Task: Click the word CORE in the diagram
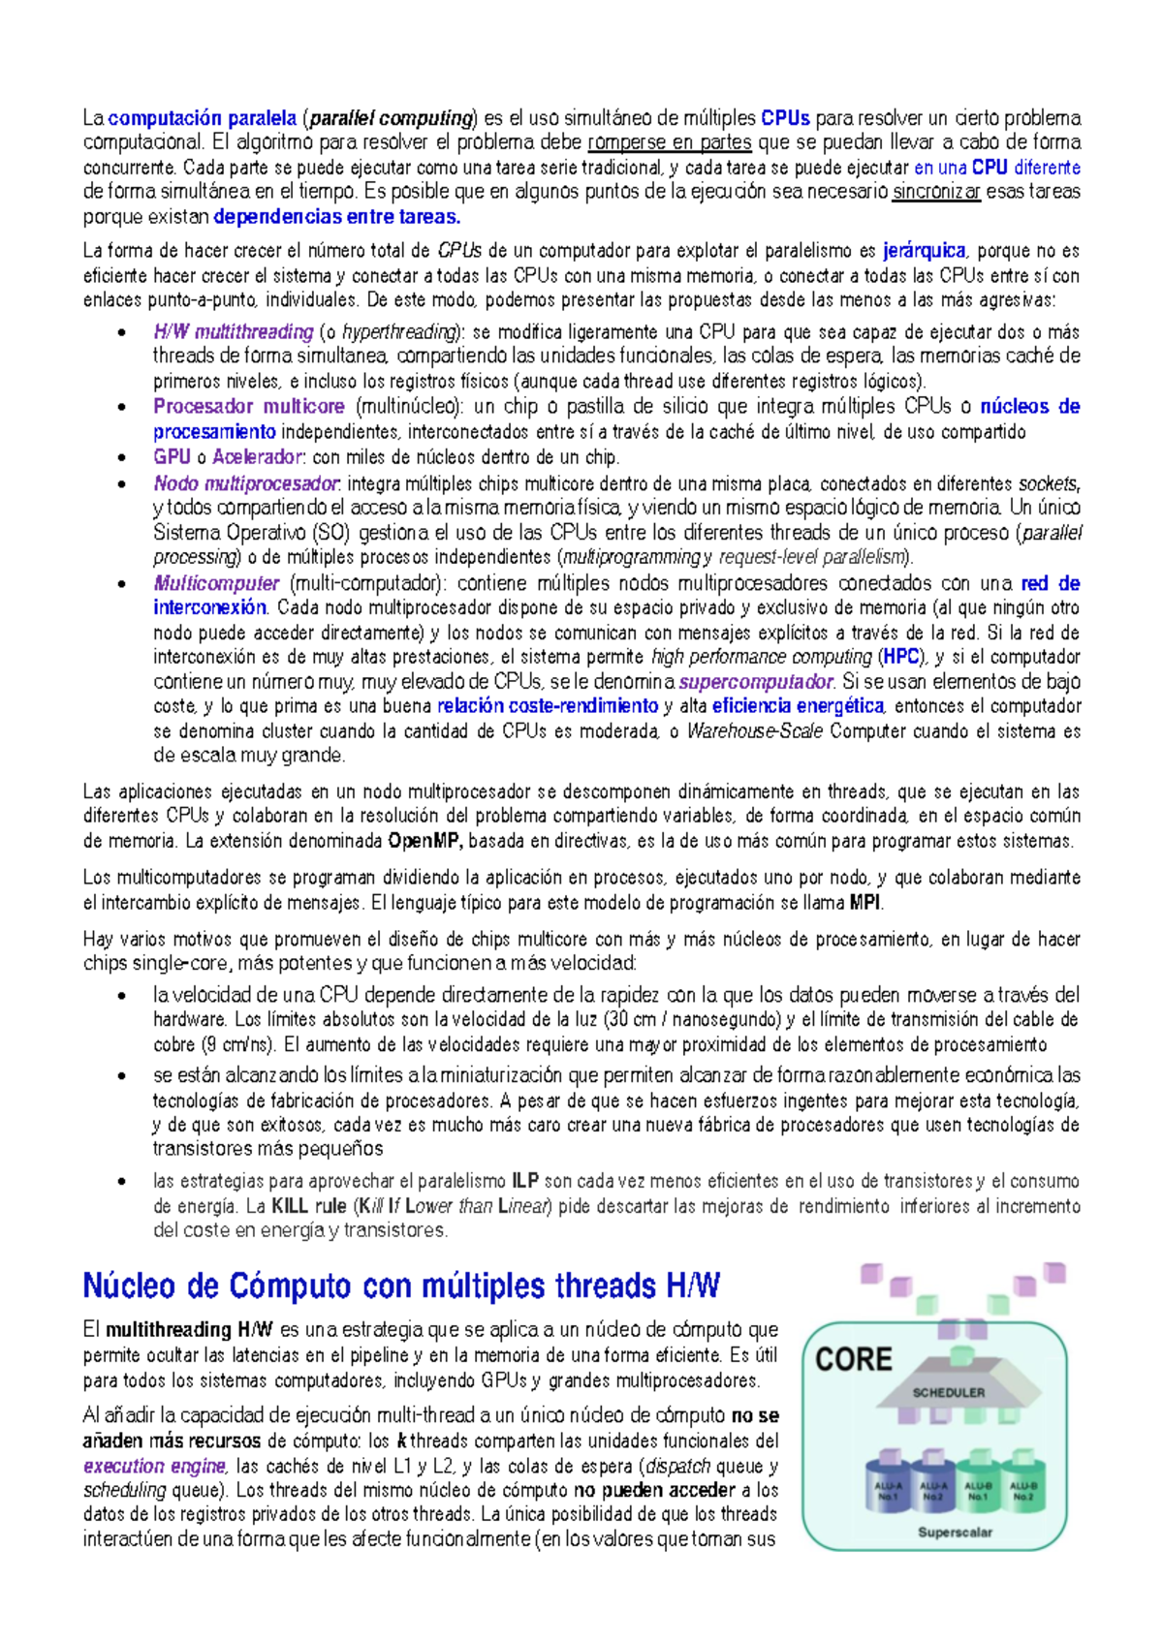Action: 854,1359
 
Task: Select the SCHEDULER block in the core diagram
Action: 948,1392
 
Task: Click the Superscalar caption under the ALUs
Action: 955,1532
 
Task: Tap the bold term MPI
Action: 865,903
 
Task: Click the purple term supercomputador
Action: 756,682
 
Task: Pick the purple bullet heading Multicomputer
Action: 216,583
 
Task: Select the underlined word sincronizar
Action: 936,192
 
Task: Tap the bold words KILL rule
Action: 308,1206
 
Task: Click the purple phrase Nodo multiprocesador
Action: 246,483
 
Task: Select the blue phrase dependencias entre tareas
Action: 336,217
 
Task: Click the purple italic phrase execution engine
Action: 154,1466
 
